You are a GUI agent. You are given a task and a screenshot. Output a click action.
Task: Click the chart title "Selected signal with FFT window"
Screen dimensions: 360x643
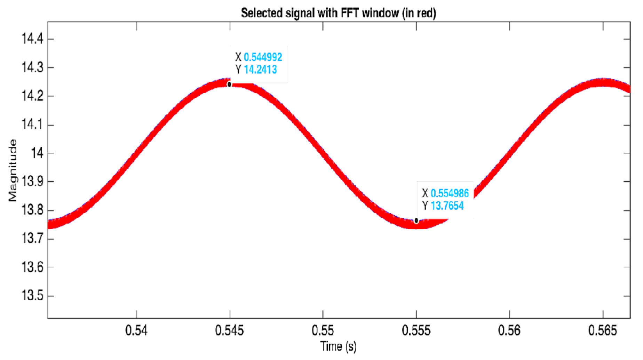coord(338,13)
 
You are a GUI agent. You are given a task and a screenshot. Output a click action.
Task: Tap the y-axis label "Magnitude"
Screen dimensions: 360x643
coord(13,170)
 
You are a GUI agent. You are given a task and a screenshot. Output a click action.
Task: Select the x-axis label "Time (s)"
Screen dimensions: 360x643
coord(338,346)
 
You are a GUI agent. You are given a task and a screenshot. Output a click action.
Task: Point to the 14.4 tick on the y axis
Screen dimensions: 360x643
coord(32,39)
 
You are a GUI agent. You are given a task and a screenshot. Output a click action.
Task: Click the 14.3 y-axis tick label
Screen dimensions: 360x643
coord(32,67)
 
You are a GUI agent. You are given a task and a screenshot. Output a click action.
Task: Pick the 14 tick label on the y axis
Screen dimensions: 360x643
coord(37,153)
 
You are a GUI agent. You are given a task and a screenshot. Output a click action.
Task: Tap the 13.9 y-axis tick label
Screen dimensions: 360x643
coord(32,181)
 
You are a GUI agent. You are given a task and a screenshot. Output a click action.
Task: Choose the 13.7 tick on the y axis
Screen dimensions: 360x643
coord(32,238)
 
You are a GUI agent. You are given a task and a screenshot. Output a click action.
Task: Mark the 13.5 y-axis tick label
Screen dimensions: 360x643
coord(32,295)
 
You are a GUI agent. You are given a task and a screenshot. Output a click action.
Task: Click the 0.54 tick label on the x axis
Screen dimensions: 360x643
coord(136,330)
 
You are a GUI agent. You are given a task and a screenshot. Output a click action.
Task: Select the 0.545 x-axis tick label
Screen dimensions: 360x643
coord(229,330)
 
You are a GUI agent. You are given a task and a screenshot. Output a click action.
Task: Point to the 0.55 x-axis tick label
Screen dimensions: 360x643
coord(323,330)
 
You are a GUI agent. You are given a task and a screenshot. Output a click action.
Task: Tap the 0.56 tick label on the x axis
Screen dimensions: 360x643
coord(509,330)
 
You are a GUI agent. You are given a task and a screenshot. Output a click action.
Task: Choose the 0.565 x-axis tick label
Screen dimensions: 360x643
coord(603,330)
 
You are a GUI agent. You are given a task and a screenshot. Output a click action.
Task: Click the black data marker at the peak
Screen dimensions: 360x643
coord(229,84)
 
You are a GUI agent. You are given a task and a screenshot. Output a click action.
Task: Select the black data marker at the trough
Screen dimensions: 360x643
coord(416,221)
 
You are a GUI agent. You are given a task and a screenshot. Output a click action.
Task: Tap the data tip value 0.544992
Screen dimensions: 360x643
coord(263,57)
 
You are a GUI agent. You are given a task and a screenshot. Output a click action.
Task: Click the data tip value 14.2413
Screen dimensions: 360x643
coord(260,70)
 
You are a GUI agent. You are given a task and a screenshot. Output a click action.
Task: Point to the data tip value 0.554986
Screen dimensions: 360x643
coord(450,193)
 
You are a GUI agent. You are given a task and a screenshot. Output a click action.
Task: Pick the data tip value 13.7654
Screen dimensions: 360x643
coord(447,206)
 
